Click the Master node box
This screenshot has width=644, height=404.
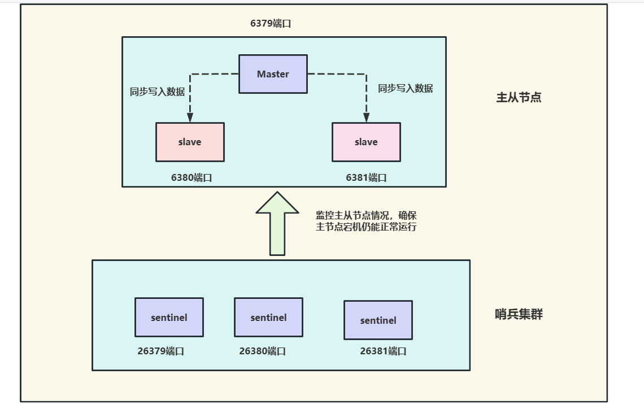tap(273, 74)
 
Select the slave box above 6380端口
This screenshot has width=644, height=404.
tap(190, 142)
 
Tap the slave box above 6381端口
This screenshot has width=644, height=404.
tap(366, 142)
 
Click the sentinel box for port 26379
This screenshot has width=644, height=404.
tap(169, 318)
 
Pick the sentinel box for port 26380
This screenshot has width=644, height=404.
tap(268, 318)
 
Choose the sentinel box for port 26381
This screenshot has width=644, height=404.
tap(378, 320)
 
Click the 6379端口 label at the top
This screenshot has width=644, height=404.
tap(271, 24)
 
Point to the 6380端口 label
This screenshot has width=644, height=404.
tap(192, 177)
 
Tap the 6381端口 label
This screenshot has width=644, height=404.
tap(366, 177)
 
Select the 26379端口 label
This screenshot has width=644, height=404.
tap(160, 351)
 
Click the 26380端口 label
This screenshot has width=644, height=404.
tap(262, 351)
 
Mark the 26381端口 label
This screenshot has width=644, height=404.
tap(383, 351)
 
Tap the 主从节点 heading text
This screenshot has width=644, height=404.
tap(519, 97)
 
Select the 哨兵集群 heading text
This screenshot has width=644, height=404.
tap(519, 315)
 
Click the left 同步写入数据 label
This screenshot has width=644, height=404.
tap(157, 92)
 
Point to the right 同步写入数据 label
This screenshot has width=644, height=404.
tap(405, 88)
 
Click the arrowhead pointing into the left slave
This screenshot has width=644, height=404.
tap(190, 118)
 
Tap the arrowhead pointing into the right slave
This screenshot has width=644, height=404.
tap(366, 118)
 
